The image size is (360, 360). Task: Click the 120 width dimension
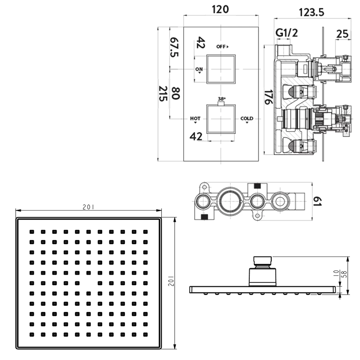(220, 9)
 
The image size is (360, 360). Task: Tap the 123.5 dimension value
(311, 12)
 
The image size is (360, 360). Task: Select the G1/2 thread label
(286, 33)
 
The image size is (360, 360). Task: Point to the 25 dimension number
(342, 34)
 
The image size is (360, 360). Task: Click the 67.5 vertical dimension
(174, 47)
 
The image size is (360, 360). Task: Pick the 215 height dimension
(163, 94)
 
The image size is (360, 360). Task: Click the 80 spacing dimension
(176, 93)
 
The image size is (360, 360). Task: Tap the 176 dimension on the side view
(269, 97)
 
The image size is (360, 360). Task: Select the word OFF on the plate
(221, 47)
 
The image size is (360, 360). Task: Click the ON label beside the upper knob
(199, 69)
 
